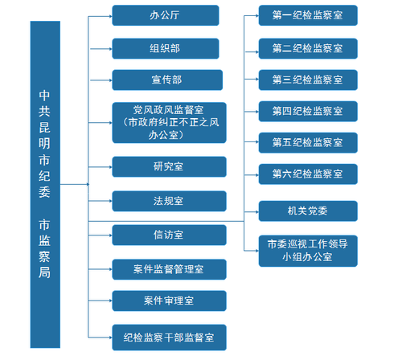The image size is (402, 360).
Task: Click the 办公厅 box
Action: (165, 15)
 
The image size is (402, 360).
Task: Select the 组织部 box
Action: (165, 47)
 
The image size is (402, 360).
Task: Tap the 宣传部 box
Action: (165, 80)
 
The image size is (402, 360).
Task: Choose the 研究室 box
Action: (169, 166)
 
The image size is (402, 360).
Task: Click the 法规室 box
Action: (169, 200)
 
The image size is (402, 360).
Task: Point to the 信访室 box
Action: (169, 235)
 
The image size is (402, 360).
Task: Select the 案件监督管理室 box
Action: (169, 268)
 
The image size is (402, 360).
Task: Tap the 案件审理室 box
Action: (169, 300)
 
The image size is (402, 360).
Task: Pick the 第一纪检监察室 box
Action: (308, 17)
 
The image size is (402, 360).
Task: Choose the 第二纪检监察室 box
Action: (308, 48)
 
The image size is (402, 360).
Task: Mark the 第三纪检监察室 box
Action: (308, 80)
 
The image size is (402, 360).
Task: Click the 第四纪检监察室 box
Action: (308, 110)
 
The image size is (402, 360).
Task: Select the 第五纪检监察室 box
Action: (308, 141)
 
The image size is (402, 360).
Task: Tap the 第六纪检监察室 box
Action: (308, 173)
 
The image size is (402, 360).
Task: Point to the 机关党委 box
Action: (308, 211)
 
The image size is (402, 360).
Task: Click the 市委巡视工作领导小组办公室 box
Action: (308, 250)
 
